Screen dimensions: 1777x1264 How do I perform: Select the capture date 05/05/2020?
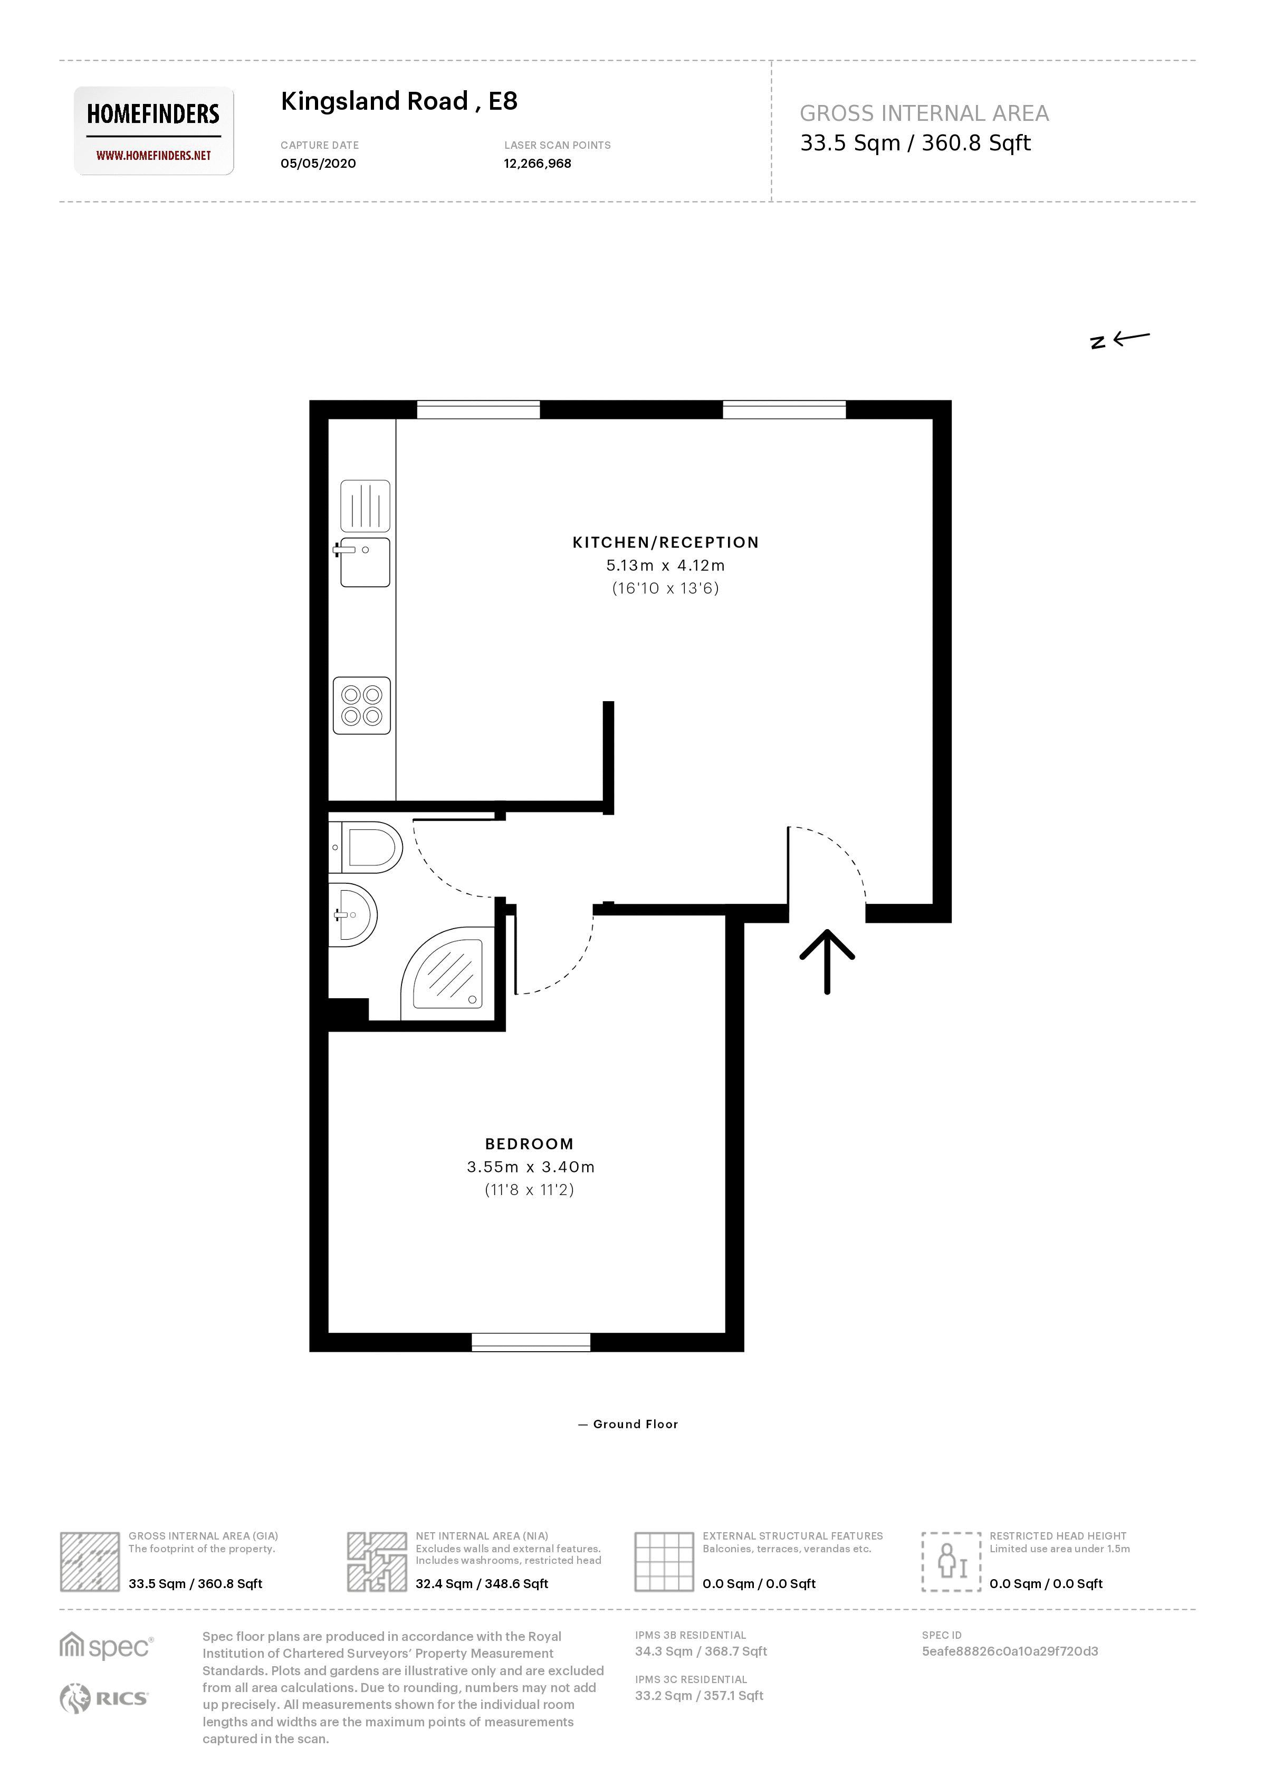point(318,164)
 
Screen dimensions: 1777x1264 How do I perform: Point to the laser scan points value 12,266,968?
point(537,164)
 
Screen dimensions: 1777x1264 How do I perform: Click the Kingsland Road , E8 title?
point(398,101)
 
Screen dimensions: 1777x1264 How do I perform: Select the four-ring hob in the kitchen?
point(362,705)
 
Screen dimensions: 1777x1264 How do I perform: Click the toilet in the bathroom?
point(370,847)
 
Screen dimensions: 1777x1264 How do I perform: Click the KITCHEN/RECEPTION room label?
point(665,542)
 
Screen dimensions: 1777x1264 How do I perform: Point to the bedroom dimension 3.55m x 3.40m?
point(530,1167)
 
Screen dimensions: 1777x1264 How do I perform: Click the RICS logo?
point(103,1698)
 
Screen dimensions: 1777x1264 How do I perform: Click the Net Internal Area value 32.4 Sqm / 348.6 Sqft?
point(481,1583)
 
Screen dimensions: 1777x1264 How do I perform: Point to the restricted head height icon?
point(950,1561)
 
